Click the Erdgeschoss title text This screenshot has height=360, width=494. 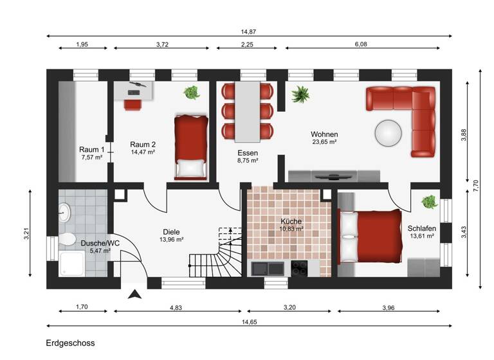click(70, 343)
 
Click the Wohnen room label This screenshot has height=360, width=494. click(324, 134)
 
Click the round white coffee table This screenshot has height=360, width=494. click(390, 133)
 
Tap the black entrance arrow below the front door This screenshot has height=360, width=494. click(134, 294)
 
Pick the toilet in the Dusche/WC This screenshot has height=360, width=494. click(67, 239)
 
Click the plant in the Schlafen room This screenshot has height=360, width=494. click(429, 202)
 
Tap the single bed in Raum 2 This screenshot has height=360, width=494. click(191, 146)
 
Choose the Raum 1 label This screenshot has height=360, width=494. click(91, 148)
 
